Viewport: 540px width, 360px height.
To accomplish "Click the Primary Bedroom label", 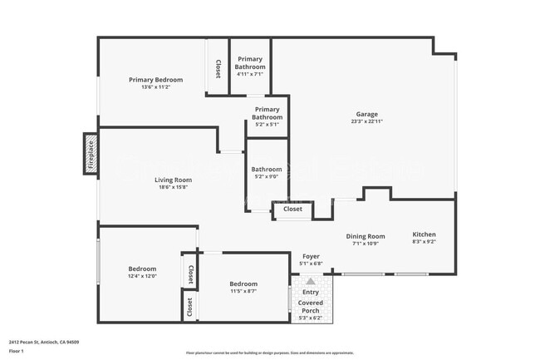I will (155, 80).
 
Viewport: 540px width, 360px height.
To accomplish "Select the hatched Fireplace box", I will (91, 154).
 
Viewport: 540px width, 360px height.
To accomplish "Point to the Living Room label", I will (173, 180).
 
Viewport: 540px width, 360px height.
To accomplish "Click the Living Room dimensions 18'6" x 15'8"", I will (173, 187).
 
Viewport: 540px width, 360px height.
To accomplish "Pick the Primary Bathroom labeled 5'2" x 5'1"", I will (267, 113).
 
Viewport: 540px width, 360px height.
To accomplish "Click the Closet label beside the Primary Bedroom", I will (218, 70).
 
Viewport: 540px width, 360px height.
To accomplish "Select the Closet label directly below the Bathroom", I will (292, 210).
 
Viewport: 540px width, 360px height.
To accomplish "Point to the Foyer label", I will (310, 257).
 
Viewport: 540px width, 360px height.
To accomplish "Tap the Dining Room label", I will (366, 236).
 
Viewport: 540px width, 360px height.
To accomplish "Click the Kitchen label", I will (424, 234).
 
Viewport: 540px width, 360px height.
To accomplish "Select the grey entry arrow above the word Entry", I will (311, 282).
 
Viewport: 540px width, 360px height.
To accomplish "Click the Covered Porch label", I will (310, 307).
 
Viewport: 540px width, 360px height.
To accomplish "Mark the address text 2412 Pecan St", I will (51, 342).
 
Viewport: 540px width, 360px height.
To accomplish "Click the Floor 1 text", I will (17, 351).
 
